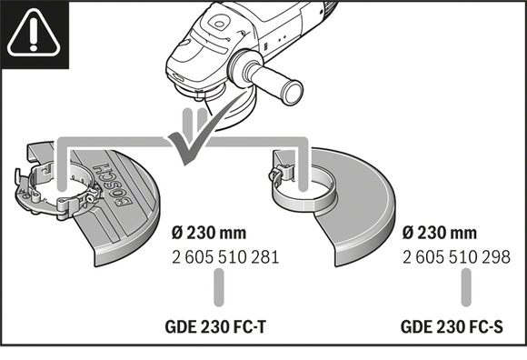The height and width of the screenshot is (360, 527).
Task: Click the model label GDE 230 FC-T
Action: [215, 326]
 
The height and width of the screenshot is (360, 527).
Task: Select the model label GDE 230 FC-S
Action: [452, 326]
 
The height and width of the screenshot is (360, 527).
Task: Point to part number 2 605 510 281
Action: [225, 257]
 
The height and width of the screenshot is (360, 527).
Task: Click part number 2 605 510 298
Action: [456, 257]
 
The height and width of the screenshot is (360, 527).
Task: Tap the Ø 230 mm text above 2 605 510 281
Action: [209, 233]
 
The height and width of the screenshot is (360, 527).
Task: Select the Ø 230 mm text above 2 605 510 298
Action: [440, 233]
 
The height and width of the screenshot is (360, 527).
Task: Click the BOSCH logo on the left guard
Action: [114, 185]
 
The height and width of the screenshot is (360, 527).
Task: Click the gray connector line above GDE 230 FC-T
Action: [219, 288]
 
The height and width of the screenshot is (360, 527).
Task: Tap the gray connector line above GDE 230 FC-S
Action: [466, 288]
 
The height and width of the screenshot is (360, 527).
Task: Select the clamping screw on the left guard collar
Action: [90, 198]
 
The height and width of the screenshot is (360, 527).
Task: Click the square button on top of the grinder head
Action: [217, 25]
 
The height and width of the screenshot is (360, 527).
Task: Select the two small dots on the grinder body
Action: [283, 39]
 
